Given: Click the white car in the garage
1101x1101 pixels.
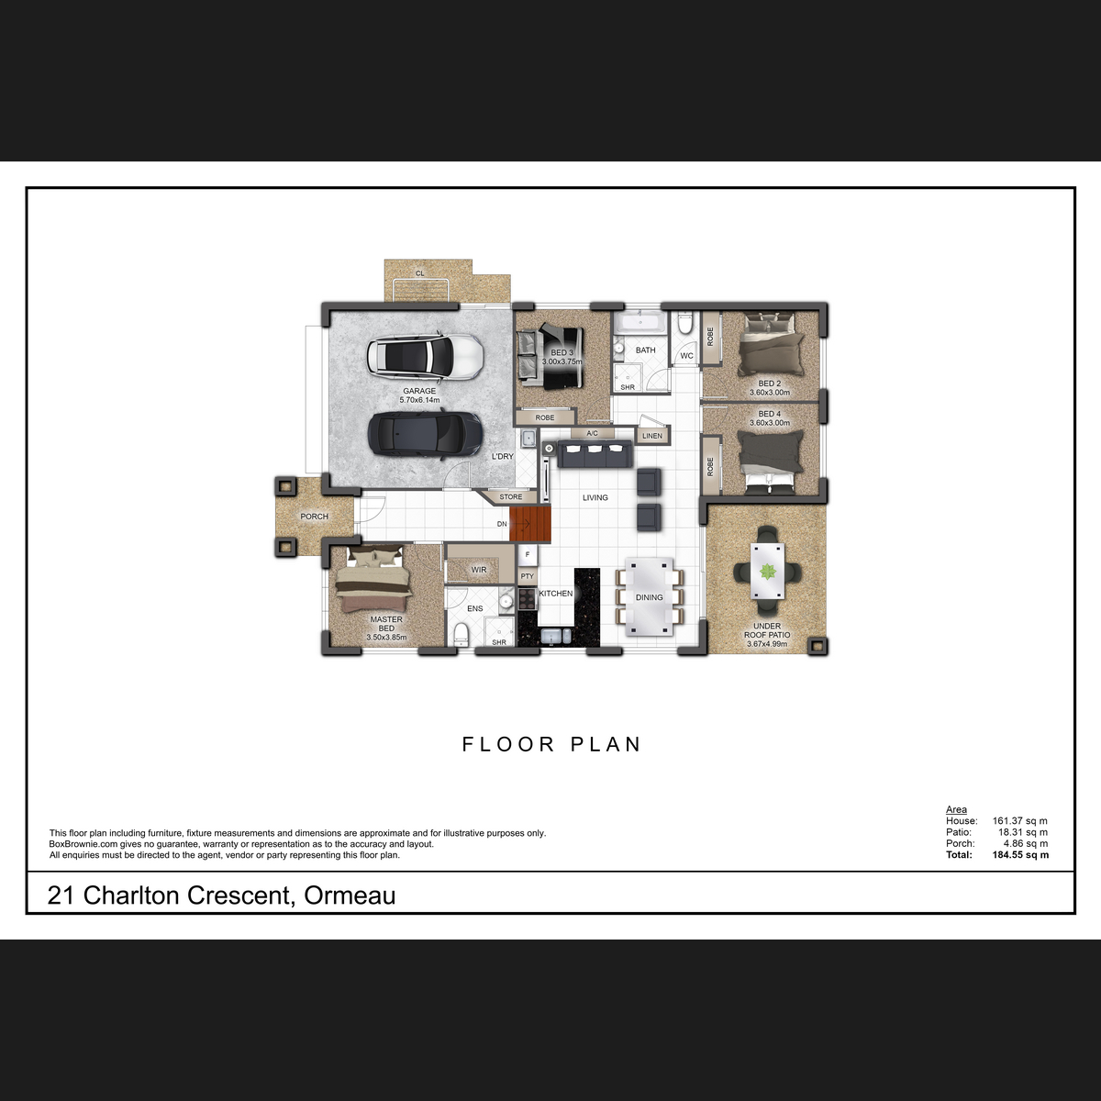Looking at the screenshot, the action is pos(425,357).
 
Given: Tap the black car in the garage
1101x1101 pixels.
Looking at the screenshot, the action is pos(425,434).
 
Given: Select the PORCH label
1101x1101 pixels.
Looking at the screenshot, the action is pos(315,517).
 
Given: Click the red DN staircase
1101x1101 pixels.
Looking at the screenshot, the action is pos(529,523).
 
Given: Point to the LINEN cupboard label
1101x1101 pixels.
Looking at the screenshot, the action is pos(652,436).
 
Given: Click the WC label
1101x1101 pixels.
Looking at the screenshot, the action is pos(686,356).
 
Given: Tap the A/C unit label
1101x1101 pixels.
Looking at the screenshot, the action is pos(592,434).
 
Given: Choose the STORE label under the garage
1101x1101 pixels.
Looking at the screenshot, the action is pos(511,497).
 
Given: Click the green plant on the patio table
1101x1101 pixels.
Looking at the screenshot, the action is pos(767,572).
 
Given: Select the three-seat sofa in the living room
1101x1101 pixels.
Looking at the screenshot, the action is pos(595,453).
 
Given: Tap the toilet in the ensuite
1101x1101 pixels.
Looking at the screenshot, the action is pos(462,635).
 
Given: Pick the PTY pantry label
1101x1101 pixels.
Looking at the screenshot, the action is pos(527,576).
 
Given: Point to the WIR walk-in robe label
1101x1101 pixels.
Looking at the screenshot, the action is pos(479,570).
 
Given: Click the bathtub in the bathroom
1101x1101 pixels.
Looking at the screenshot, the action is pos(640,323).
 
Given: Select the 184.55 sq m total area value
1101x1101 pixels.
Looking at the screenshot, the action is pos(1020,855).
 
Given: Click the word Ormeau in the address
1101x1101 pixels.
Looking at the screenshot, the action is pos(350,895).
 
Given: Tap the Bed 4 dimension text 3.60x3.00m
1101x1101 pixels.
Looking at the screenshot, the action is pos(770,423).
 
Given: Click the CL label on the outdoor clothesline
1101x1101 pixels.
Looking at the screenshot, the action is pos(420,273).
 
